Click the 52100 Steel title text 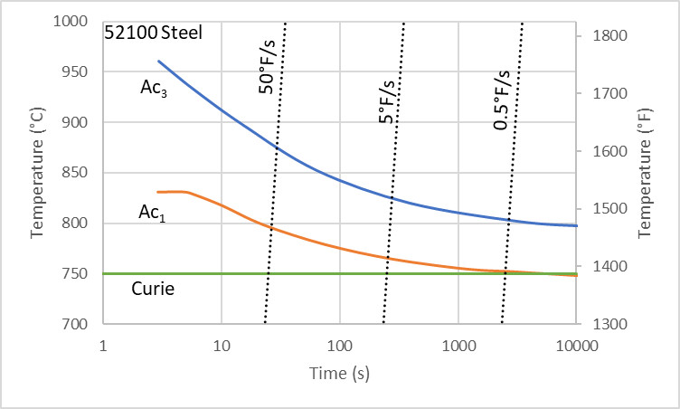153,33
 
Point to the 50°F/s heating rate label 267,71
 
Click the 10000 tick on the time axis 576,347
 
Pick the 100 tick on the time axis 339,347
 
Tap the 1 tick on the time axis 103,347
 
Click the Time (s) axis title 339,373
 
